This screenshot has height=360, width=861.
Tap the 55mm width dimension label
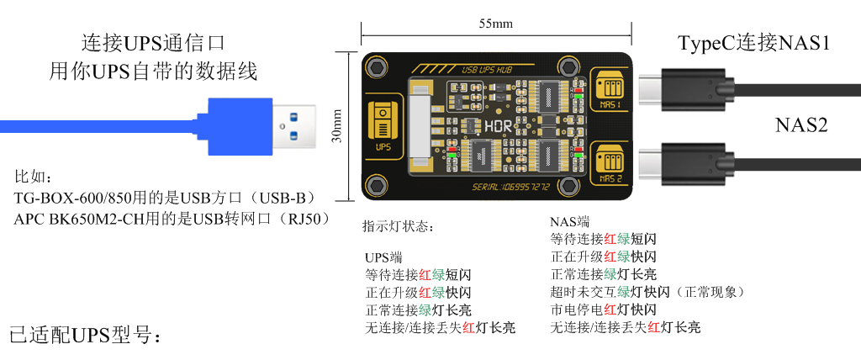495,23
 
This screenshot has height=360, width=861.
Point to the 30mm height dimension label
337,126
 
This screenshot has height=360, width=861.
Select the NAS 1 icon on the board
610,89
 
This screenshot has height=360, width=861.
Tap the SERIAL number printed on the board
510,187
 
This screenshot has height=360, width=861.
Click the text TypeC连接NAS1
754,43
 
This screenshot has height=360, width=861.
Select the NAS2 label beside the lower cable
801,125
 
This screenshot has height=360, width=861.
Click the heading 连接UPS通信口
153,42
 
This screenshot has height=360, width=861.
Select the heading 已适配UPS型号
84,335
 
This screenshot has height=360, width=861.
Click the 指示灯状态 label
399,227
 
